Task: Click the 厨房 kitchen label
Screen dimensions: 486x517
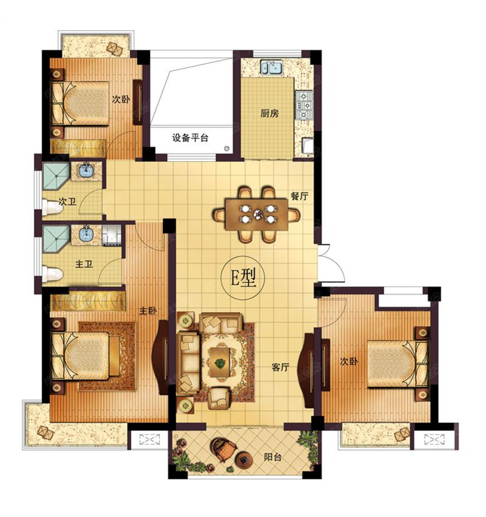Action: point(269,114)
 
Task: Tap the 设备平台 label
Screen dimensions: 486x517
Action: point(190,138)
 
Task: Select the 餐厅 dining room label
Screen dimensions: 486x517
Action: point(300,196)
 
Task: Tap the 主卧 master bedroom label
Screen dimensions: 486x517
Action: point(148,311)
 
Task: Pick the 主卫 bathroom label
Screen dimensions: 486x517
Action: point(84,264)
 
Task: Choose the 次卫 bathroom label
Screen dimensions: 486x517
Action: point(68,202)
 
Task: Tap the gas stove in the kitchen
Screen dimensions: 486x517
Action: point(304,105)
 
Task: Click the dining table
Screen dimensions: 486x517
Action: point(257,215)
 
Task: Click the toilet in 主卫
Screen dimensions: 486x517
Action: point(53,275)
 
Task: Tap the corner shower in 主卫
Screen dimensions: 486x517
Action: point(56,239)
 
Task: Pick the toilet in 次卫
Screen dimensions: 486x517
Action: point(53,208)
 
